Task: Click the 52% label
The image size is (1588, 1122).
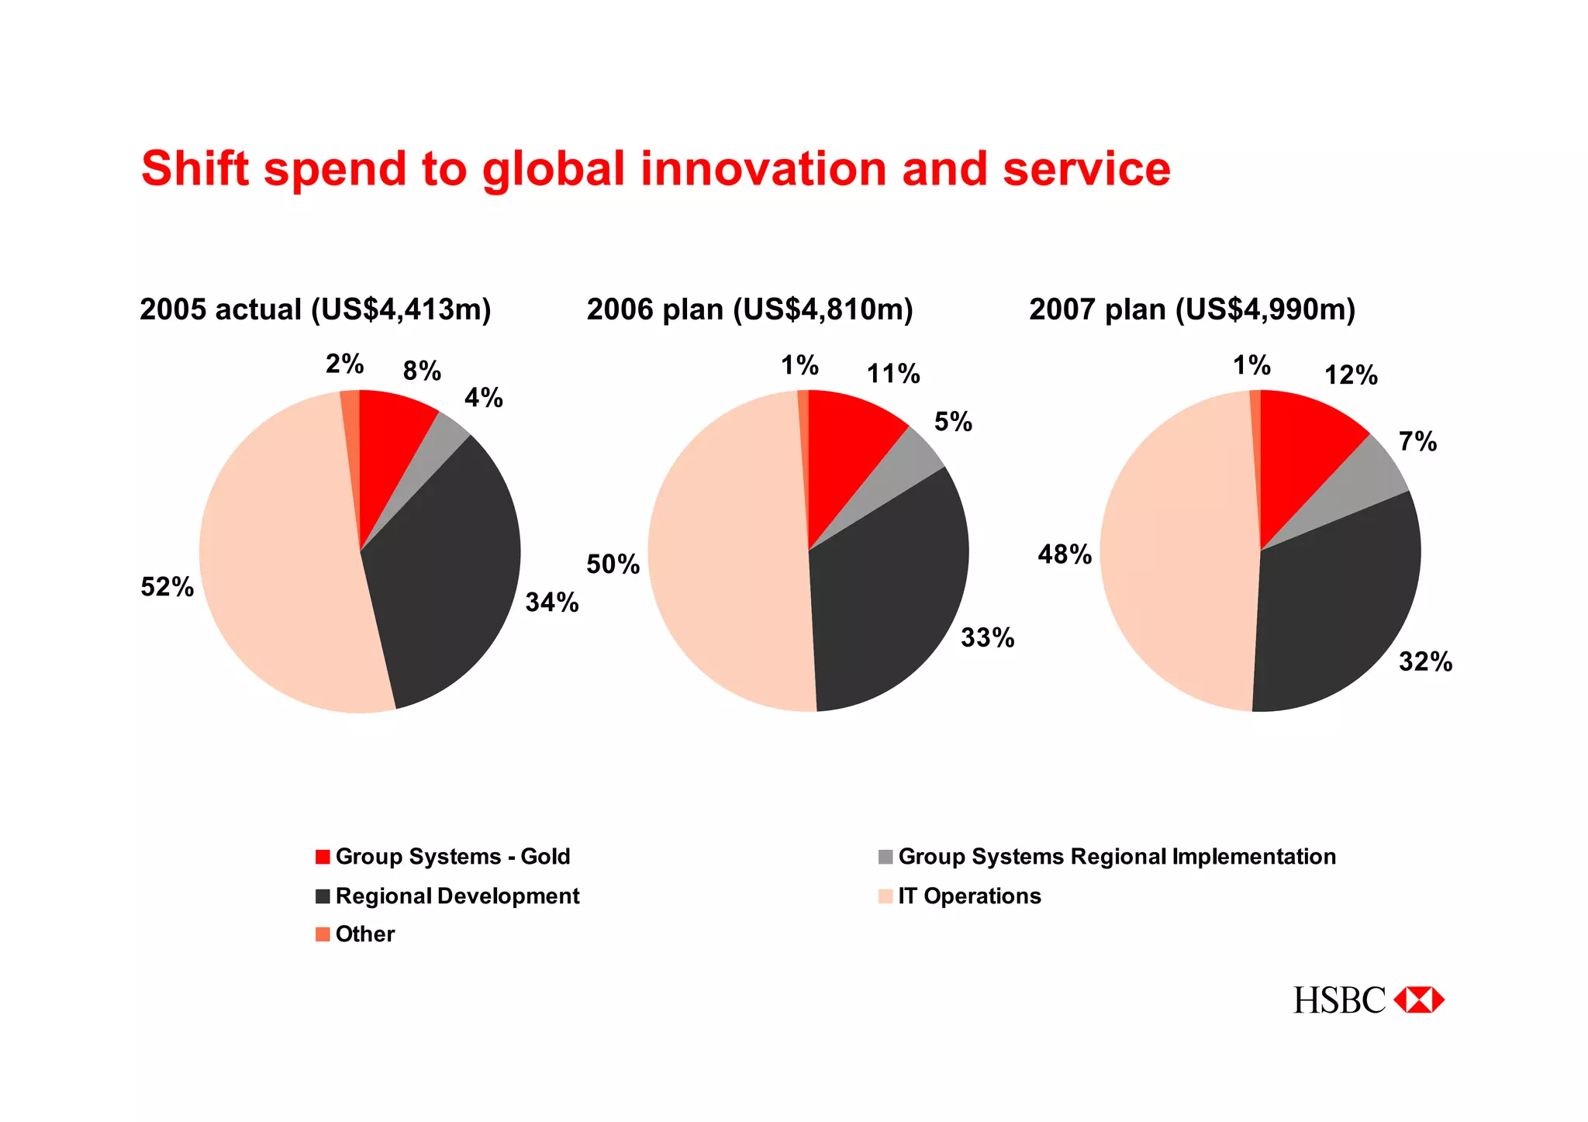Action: [167, 587]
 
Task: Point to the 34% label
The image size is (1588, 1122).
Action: [552, 602]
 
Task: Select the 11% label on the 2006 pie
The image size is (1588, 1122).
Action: [893, 375]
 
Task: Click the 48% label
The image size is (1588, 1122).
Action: [1065, 554]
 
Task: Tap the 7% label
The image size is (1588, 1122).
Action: [1417, 442]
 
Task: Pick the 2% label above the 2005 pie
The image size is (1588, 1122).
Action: [344, 364]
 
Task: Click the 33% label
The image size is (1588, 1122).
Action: [987, 638]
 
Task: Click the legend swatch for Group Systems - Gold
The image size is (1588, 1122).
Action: [323, 857]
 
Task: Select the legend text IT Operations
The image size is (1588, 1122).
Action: [969, 896]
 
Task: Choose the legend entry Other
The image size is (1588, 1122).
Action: [364, 934]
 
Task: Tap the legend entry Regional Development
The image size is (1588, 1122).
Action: [457, 896]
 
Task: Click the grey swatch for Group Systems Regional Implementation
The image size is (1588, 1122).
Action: [885, 857]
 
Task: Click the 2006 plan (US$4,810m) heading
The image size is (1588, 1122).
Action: [750, 309]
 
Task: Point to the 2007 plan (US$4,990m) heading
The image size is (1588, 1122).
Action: [1192, 309]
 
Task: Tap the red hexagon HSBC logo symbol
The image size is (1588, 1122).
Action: [1418, 1000]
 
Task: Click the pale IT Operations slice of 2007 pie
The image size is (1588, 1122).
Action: [1171, 558]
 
